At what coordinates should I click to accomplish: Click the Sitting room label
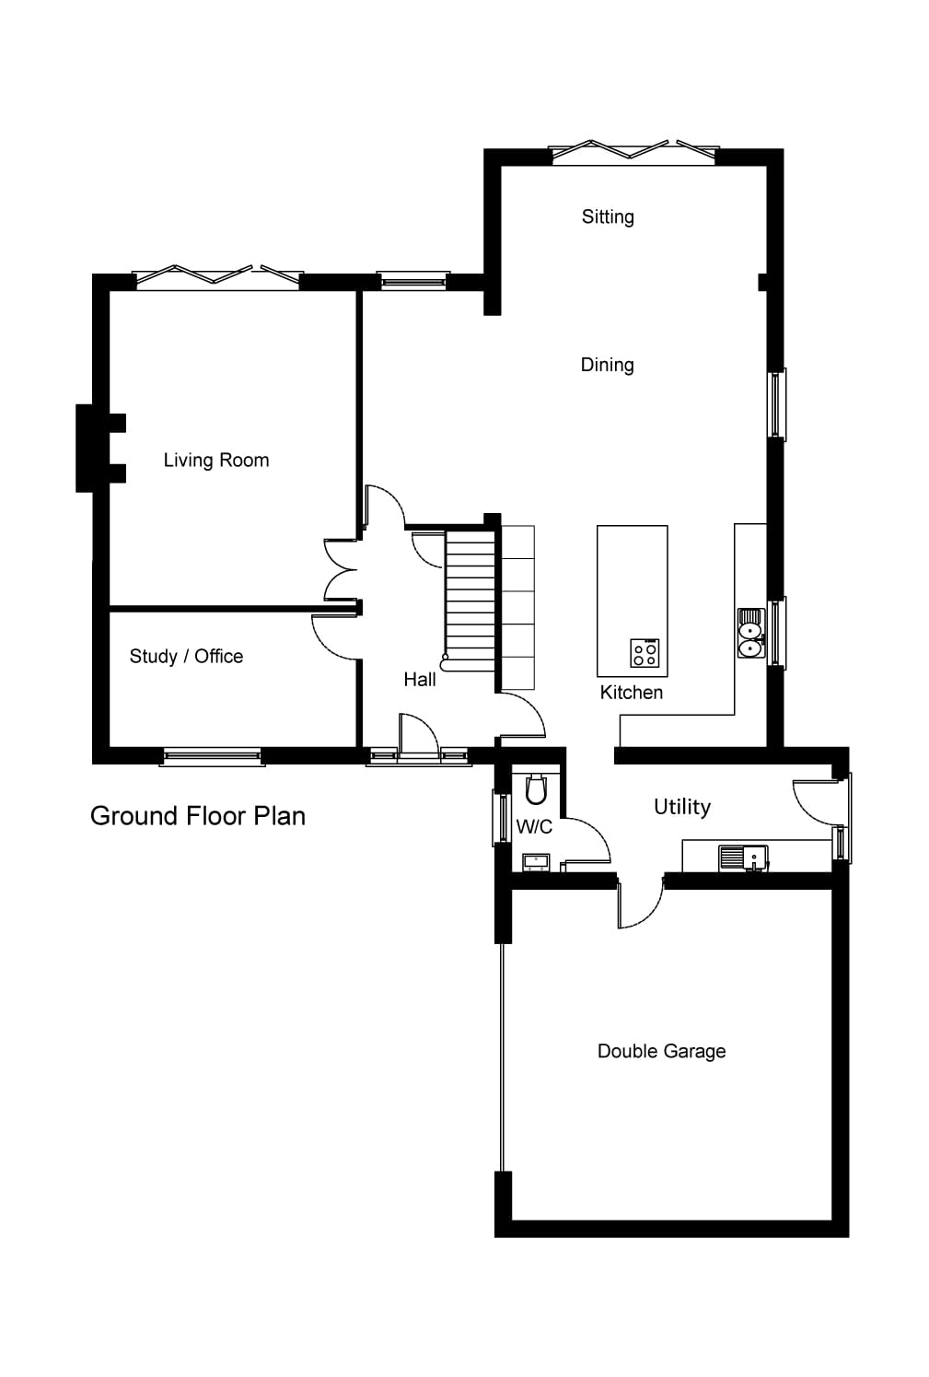tap(607, 217)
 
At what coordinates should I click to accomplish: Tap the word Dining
tap(607, 365)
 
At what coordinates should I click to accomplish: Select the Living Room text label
tap(216, 461)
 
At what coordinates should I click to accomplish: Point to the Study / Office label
tap(186, 657)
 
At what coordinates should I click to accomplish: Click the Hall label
tap(419, 680)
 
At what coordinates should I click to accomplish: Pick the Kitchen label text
tap(631, 693)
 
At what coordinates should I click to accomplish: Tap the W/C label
tap(534, 827)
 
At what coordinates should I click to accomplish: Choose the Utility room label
tap(681, 807)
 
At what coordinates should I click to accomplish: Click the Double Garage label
tap(661, 1051)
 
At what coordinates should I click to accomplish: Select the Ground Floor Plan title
tap(197, 816)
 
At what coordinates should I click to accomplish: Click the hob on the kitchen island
tap(644, 653)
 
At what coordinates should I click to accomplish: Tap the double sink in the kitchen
tap(750, 634)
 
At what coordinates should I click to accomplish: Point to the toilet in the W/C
tap(536, 789)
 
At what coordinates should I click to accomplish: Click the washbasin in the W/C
tap(535, 862)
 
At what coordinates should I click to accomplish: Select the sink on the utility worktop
tap(743, 858)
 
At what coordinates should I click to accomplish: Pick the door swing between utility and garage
tap(640, 905)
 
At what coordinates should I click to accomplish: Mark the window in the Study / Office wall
tap(212, 757)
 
